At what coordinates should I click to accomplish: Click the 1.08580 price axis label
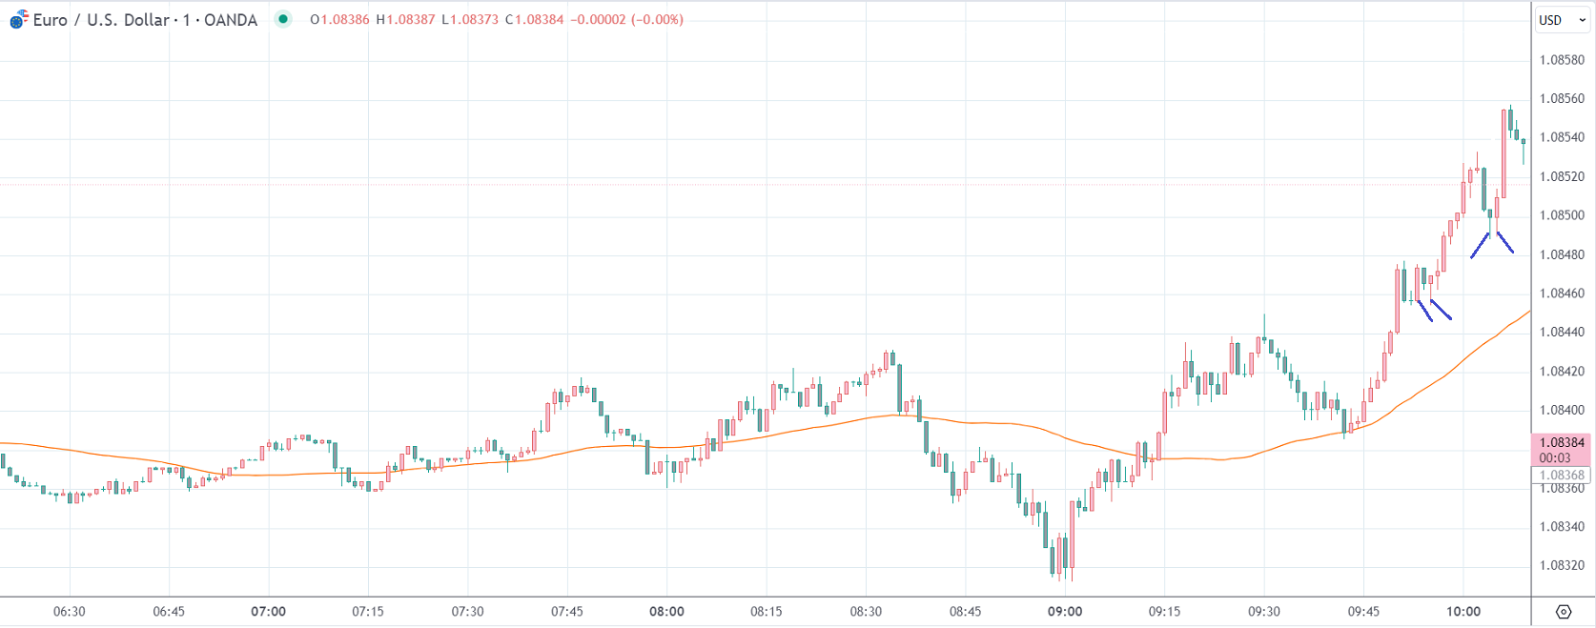[1562, 60]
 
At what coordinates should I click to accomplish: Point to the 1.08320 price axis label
[1562, 565]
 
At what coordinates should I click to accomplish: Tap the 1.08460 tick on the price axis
[1562, 294]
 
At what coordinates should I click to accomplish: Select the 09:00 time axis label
[1065, 612]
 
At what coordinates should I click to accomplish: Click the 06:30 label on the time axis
[70, 612]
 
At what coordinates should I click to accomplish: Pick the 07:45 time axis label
[567, 612]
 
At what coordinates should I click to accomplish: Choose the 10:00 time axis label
[1463, 612]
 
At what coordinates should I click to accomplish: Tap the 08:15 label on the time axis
[767, 612]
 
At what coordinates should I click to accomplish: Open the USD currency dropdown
[1562, 20]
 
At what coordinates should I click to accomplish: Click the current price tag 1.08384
[1562, 443]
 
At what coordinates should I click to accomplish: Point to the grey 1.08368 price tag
[1562, 476]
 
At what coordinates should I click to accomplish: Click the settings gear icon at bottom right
[1564, 612]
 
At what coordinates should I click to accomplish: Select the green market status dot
[283, 19]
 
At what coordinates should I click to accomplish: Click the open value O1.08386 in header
[339, 20]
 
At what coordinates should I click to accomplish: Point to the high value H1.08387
[405, 20]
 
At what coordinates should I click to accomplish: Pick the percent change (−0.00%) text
[657, 20]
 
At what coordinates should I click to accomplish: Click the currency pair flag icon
[19, 19]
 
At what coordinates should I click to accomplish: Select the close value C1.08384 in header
[534, 20]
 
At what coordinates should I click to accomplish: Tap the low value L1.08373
[470, 20]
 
